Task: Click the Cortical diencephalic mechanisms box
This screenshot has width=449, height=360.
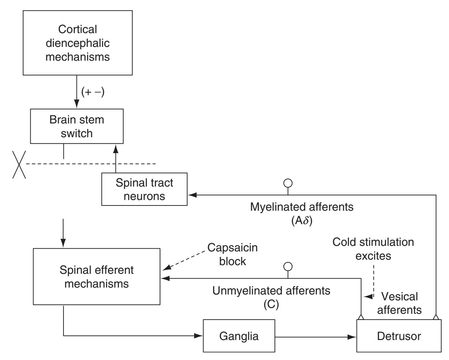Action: click(78, 43)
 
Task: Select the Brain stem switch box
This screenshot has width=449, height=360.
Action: click(77, 126)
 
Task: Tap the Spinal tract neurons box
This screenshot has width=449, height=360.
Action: click(144, 189)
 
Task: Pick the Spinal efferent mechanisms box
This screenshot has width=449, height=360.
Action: click(97, 277)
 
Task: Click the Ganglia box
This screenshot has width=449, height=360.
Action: click(239, 336)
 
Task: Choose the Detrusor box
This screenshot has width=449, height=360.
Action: click(399, 336)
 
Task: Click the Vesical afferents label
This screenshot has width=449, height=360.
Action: click(399, 303)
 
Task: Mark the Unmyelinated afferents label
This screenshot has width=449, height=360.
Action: click(271, 291)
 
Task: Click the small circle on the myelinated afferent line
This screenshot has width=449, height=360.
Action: click(288, 182)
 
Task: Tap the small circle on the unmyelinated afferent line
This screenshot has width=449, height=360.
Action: click(288, 266)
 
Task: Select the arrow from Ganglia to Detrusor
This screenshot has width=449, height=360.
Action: click(316, 336)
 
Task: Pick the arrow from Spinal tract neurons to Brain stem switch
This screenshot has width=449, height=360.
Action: click(116, 158)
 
